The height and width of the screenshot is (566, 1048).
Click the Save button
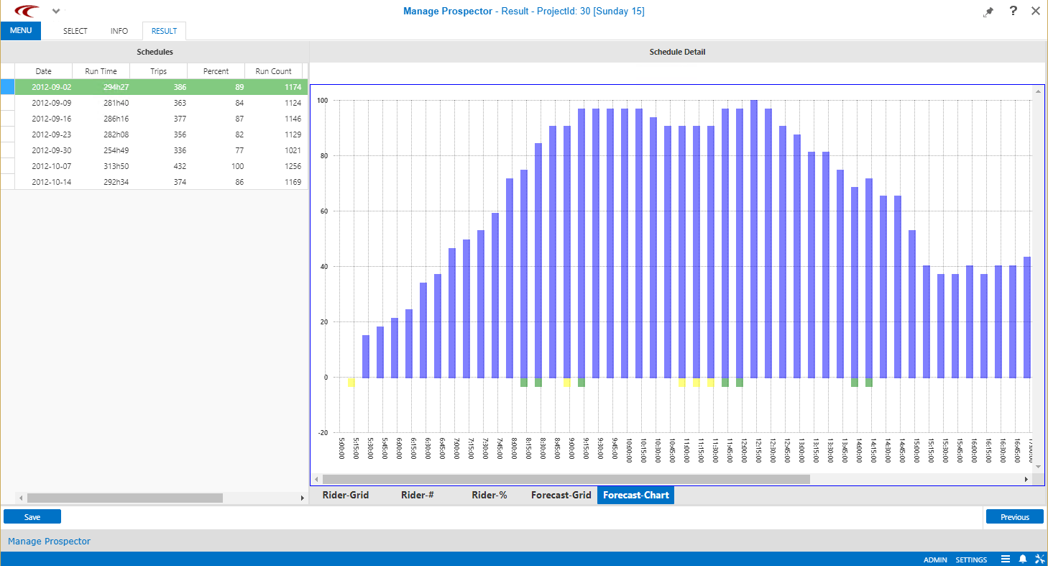click(32, 516)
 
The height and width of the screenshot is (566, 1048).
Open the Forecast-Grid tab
click(561, 495)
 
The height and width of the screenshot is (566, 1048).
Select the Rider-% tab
click(489, 495)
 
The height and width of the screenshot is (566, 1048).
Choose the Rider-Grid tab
click(345, 495)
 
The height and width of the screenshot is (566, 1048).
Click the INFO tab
click(119, 31)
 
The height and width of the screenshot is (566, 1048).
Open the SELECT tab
click(75, 31)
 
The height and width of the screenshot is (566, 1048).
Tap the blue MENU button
click(21, 31)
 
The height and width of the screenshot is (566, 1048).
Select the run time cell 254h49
click(101, 150)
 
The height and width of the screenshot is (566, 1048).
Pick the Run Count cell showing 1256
click(273, 166)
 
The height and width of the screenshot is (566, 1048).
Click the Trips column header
click(158, 71)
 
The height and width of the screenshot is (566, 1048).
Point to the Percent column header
click(216, 71)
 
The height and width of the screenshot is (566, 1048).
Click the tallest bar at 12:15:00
click(754, 237)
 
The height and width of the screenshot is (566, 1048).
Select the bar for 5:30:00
click(366, 356)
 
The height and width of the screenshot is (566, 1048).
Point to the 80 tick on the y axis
click(323, 155)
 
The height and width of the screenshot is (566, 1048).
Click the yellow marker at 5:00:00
click(351, 382)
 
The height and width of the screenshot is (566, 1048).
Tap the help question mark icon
click(1013, 11)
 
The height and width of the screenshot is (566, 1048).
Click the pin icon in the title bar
click(989, 12)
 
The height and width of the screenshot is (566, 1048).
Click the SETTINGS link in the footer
click(971, 560)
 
